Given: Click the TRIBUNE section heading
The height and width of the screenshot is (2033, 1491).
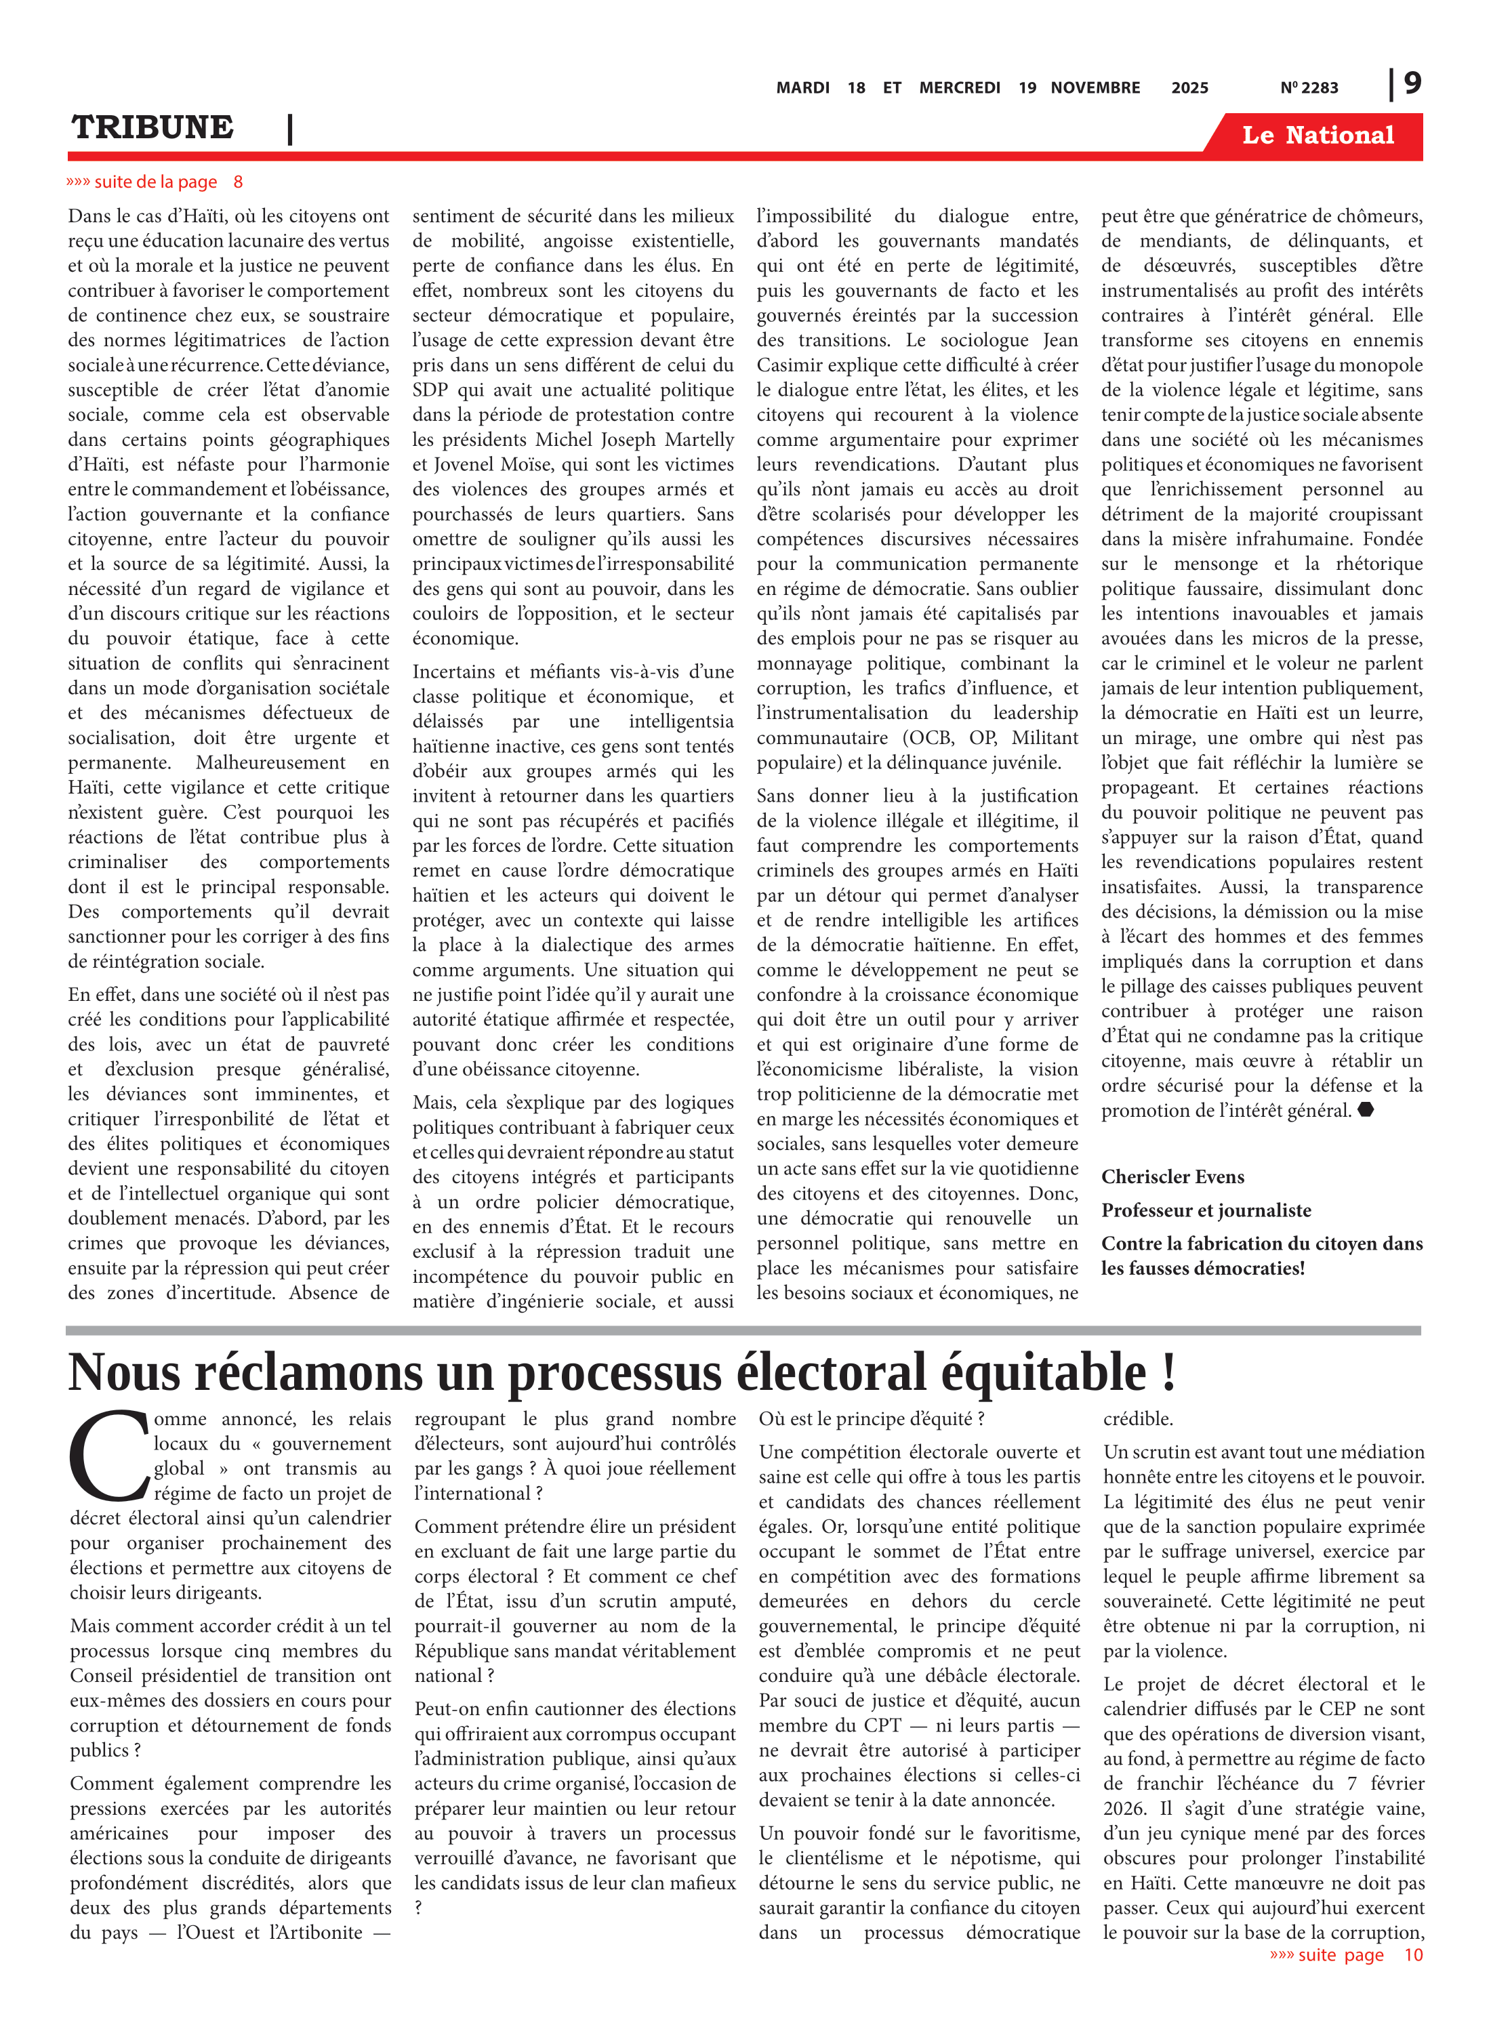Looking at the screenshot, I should (152, 127).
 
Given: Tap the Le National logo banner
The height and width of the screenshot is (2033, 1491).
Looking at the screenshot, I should (1317, 136).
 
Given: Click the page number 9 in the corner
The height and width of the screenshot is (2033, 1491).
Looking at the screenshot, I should (1412, 83).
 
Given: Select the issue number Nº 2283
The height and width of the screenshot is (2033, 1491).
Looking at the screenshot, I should (1309, 87).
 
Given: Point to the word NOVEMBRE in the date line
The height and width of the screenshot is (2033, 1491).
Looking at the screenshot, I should (1095, 87).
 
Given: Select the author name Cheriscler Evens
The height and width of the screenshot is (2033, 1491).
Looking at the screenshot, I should (1172, 1176).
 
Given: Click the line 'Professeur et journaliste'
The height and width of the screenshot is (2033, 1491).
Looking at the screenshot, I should (1206, 1210).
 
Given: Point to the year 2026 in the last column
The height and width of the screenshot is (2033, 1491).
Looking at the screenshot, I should (1124, 1808).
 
